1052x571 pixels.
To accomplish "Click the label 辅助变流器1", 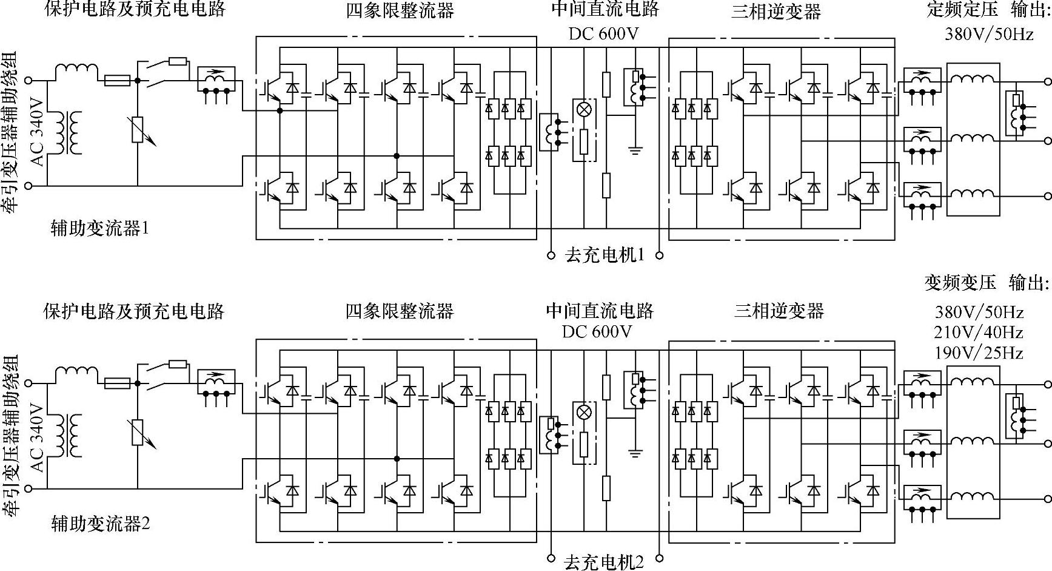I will point(100,228).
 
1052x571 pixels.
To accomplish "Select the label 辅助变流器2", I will point(100,522).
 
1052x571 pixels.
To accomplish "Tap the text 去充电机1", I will point(605,255).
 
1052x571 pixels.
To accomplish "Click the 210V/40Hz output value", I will point(979,332).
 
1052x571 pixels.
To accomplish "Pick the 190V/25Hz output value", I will point(979,352).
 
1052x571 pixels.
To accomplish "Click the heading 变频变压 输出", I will point(987,282).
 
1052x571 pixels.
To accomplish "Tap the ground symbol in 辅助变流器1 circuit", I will point(635,149).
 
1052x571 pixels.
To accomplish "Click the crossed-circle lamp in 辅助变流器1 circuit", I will point(583,110).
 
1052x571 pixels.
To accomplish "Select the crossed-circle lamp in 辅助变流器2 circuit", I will point(583,412).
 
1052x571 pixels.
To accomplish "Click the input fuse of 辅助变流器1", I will point(117,79).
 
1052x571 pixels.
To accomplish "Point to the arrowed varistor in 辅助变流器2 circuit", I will point(138,432).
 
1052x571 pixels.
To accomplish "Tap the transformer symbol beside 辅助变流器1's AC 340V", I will point(68,132).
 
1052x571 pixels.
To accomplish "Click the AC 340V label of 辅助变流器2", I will point(38,437).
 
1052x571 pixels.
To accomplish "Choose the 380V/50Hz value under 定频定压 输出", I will point(988,34).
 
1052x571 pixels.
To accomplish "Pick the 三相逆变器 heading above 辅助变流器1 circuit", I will point(776,11).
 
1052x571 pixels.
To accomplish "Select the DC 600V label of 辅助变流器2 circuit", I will point(597,331).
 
